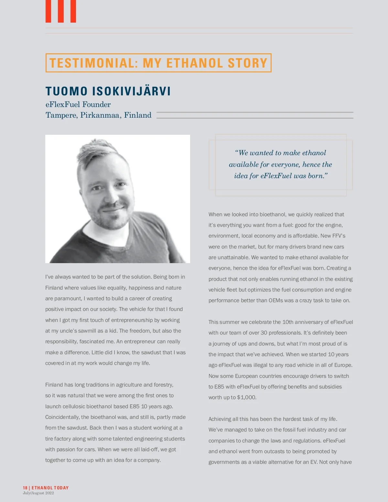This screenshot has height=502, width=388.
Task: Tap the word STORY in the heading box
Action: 248,63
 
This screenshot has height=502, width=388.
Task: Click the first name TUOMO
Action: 66,91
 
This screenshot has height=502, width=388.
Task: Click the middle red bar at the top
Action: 60,11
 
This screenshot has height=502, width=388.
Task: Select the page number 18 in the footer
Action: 25,488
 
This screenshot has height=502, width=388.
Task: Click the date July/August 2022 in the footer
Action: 38,493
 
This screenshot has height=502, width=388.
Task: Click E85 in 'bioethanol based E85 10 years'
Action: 135,406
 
